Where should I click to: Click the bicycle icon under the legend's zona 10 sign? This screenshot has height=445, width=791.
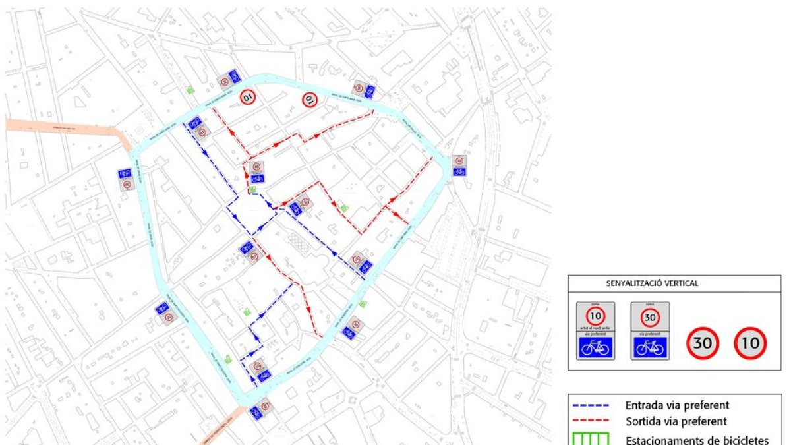[x=596, y=347]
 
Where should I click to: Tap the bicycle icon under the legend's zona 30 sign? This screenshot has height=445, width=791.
[x=650, y=347]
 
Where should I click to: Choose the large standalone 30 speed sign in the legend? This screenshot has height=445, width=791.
[x=703, y=343]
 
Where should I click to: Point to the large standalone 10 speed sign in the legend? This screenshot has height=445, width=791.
[x=750, y=343]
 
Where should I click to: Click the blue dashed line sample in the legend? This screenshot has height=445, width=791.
[x=593, y=405]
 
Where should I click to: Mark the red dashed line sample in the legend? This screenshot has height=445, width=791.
[x=593, y=421]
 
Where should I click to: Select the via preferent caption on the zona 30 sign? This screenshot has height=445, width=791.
[x=650, y=334]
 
